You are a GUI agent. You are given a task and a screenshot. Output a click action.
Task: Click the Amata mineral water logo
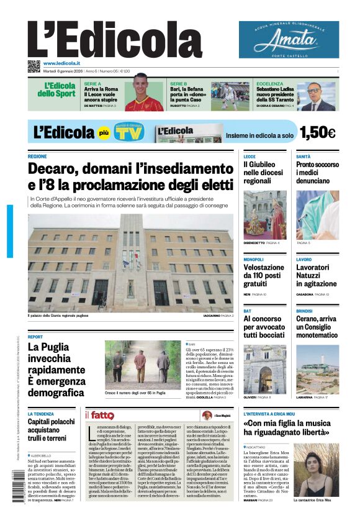[289, 39]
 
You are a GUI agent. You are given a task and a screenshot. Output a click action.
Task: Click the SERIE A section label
[92, 83]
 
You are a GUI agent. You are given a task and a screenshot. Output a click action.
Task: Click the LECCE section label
[249, 157]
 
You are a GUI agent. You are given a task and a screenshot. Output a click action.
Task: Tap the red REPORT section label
[35, 337]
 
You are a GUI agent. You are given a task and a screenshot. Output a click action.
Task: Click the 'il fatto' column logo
[99, 415]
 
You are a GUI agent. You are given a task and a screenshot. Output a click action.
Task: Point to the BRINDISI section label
[304, 311]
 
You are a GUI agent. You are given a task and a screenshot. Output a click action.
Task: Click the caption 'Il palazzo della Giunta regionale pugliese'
[58, 316]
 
